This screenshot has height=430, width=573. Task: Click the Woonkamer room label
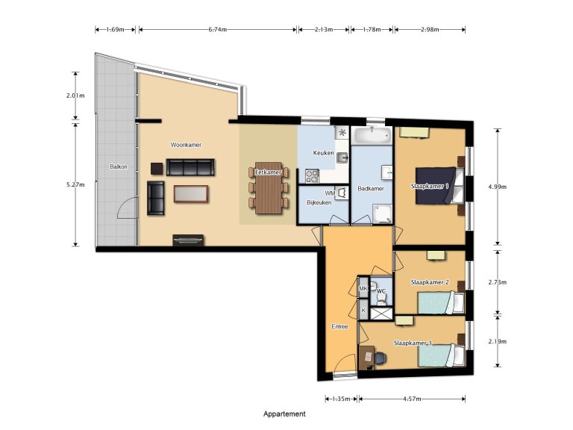click(186, 145)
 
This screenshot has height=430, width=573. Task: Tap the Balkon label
click(119, 166)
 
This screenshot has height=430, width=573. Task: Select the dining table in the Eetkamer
click(269, 188)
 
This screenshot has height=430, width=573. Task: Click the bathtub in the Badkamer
click(372, 135)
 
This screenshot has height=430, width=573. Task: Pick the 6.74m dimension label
click(217, 30)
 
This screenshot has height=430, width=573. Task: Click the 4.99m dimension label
click(498, 187)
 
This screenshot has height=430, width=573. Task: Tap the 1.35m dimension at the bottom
click(342, 399)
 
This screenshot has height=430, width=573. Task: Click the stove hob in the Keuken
click(313, 176)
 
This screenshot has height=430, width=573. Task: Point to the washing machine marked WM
click(341, 193)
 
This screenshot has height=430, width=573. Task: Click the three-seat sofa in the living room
click(190, 167)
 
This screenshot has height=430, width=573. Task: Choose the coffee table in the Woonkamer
click(191, 194)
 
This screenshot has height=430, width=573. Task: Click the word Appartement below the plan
click(284, 414)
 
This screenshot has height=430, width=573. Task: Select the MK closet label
click(363, 288)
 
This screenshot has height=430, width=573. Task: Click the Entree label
click(340, 326)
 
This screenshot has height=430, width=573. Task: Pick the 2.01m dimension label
click(75, 96)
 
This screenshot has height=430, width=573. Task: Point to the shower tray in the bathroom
click(382, 214)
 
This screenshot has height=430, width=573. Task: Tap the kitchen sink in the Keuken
click(342, 158)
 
